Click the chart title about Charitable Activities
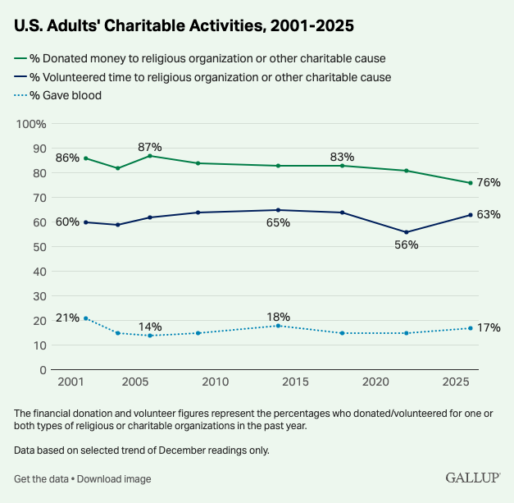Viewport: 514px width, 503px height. click(184, 25)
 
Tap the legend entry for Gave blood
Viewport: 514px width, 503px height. click(65, 95)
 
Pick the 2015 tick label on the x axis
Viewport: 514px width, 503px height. click(294, 382)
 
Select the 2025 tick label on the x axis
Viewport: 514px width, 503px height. click(455, 382)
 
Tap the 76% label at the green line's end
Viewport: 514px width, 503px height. click(489, 182)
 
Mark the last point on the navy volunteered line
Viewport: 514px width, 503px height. click(471, 215)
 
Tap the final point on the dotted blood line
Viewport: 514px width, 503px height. click(471, 328)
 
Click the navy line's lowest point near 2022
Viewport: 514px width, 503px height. click(407, 232)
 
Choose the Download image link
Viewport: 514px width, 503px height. click(115, 478)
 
